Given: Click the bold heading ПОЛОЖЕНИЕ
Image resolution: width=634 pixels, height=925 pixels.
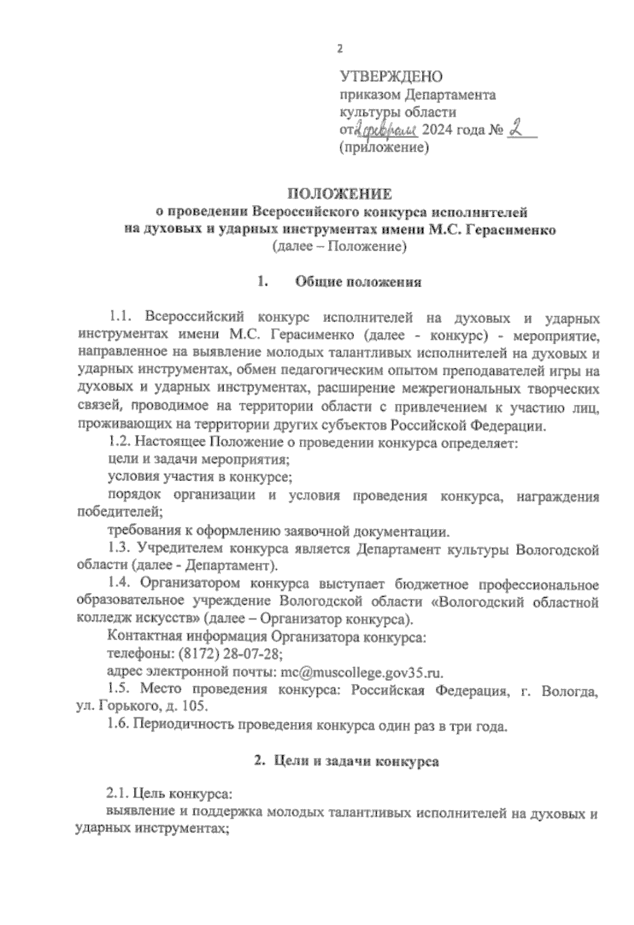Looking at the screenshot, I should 339,195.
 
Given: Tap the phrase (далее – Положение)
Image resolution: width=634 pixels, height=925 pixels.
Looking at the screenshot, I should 339,246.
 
